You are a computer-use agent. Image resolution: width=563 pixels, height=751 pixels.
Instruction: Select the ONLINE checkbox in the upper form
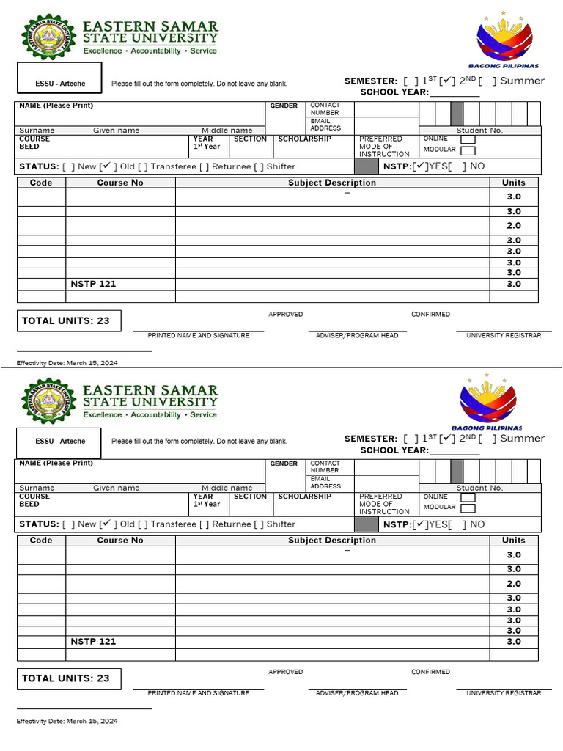pos(467,139)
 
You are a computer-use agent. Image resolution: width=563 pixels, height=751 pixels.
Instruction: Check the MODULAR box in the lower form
pos(467,508)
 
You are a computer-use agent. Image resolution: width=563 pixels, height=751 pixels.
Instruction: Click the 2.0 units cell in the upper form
pos(514,226)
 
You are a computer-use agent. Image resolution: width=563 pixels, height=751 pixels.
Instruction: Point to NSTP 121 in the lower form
pos(93,642)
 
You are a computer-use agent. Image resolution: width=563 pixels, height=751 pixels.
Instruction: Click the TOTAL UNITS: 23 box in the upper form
pos(68,320)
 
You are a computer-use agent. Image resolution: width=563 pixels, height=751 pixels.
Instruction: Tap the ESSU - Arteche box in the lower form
pos(59,442)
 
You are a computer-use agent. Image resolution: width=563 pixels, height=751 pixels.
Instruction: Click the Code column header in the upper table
pos(41,183)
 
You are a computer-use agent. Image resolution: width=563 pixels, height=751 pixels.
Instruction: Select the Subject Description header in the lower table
pos(332,541)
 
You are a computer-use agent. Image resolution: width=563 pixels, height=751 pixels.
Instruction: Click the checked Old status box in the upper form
pos(107,166)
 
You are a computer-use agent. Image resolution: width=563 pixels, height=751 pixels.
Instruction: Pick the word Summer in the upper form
pos(522,81)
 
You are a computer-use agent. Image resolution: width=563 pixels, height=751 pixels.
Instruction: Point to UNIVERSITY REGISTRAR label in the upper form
pos(504,335)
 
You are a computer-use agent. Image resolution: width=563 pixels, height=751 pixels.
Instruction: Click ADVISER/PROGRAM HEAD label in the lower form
pos(357,693)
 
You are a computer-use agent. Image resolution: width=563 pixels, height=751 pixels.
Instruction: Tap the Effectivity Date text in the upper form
pos(67,363)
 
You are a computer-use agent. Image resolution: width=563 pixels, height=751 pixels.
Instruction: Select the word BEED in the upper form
pos(29,147)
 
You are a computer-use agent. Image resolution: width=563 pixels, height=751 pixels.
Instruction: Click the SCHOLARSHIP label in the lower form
pos(304,497)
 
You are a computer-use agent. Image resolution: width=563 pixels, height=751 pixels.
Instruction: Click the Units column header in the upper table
pos(514,183)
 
